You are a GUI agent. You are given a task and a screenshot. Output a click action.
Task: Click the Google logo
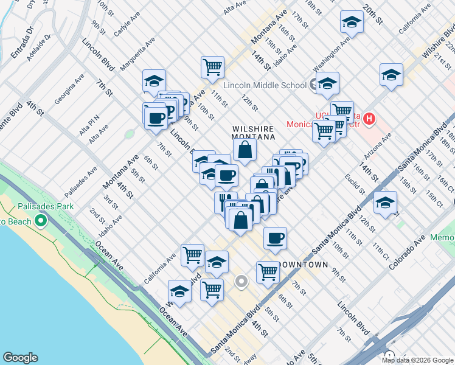(x=20, y=358)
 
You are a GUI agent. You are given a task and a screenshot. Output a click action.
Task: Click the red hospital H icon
(x=369, y=116)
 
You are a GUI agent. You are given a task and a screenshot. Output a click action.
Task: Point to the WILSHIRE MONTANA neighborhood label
(x=253, y=134)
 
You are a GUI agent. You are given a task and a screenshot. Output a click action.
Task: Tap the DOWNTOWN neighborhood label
(x=303, y=265)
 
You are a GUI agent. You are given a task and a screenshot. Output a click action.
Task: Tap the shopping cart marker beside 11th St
(x=212, y=67)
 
